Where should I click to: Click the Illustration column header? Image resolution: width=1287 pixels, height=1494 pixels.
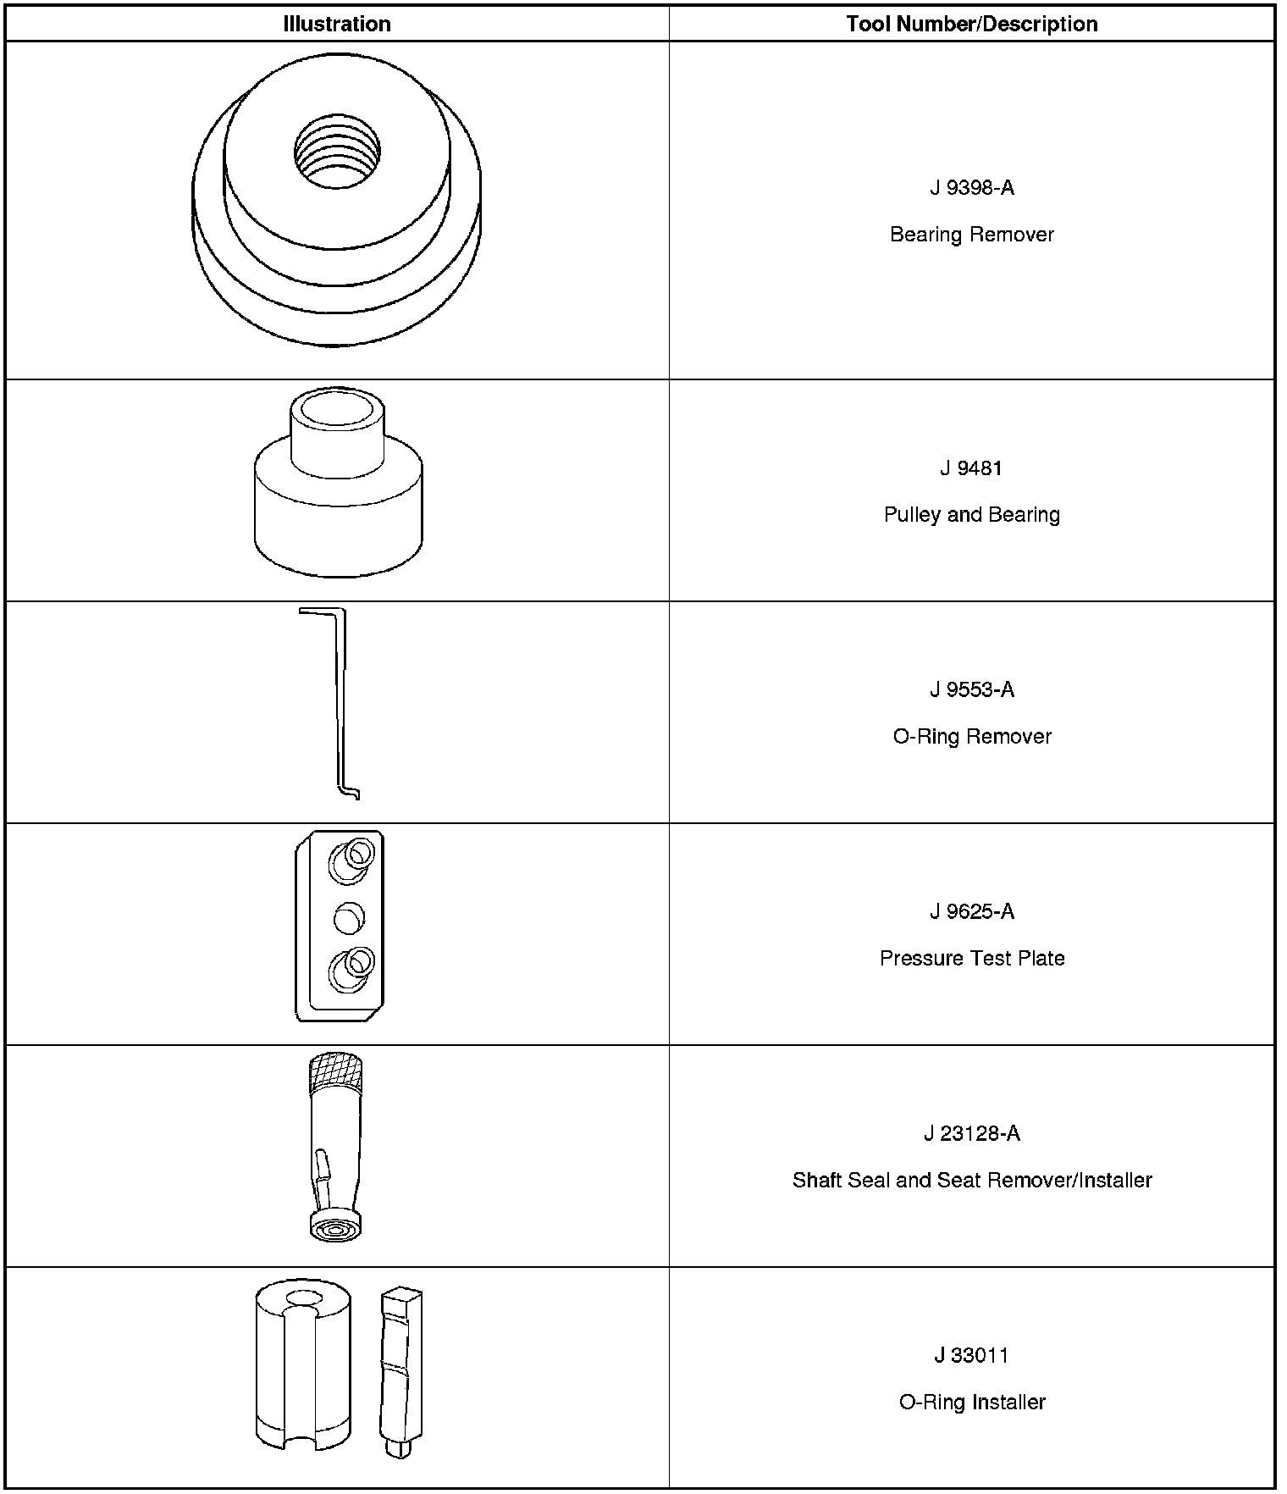(x=337, y=24)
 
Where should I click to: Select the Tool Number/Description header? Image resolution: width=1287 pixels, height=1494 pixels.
(x=971, y=24)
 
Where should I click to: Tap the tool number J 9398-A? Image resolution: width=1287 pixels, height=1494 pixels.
(x=971, y=188)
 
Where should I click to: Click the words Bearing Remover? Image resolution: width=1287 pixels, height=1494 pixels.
(x=971, y=235)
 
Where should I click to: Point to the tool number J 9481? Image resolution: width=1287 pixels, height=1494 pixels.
(x=971, y=468)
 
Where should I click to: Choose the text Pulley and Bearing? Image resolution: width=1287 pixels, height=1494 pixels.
(x=971, y=515)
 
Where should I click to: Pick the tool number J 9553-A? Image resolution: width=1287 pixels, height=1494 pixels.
(x=971, y=690)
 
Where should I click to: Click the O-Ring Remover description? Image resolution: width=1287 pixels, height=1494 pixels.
(x=971, y=737)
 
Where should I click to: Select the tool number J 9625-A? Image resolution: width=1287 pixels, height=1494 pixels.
(x=971, y=912)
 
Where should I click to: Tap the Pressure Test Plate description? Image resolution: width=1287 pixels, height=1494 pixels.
(x=971, y=959)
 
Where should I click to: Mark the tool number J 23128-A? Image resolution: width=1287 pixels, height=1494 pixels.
(x=971, y=1134)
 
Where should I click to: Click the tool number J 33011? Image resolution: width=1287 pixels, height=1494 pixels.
(x=971, y=1356)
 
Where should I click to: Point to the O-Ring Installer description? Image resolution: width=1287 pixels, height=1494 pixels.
(x=971, y=1403)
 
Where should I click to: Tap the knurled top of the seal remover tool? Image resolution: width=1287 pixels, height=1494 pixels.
(x=337, y=1071)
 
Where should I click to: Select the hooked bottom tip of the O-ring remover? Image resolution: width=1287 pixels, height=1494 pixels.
(x=351, y=793)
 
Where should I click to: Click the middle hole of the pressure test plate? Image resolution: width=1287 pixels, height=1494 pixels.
(x=349, y=916)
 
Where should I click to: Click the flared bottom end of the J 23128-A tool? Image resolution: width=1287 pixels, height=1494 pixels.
(x=336, y=1226)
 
